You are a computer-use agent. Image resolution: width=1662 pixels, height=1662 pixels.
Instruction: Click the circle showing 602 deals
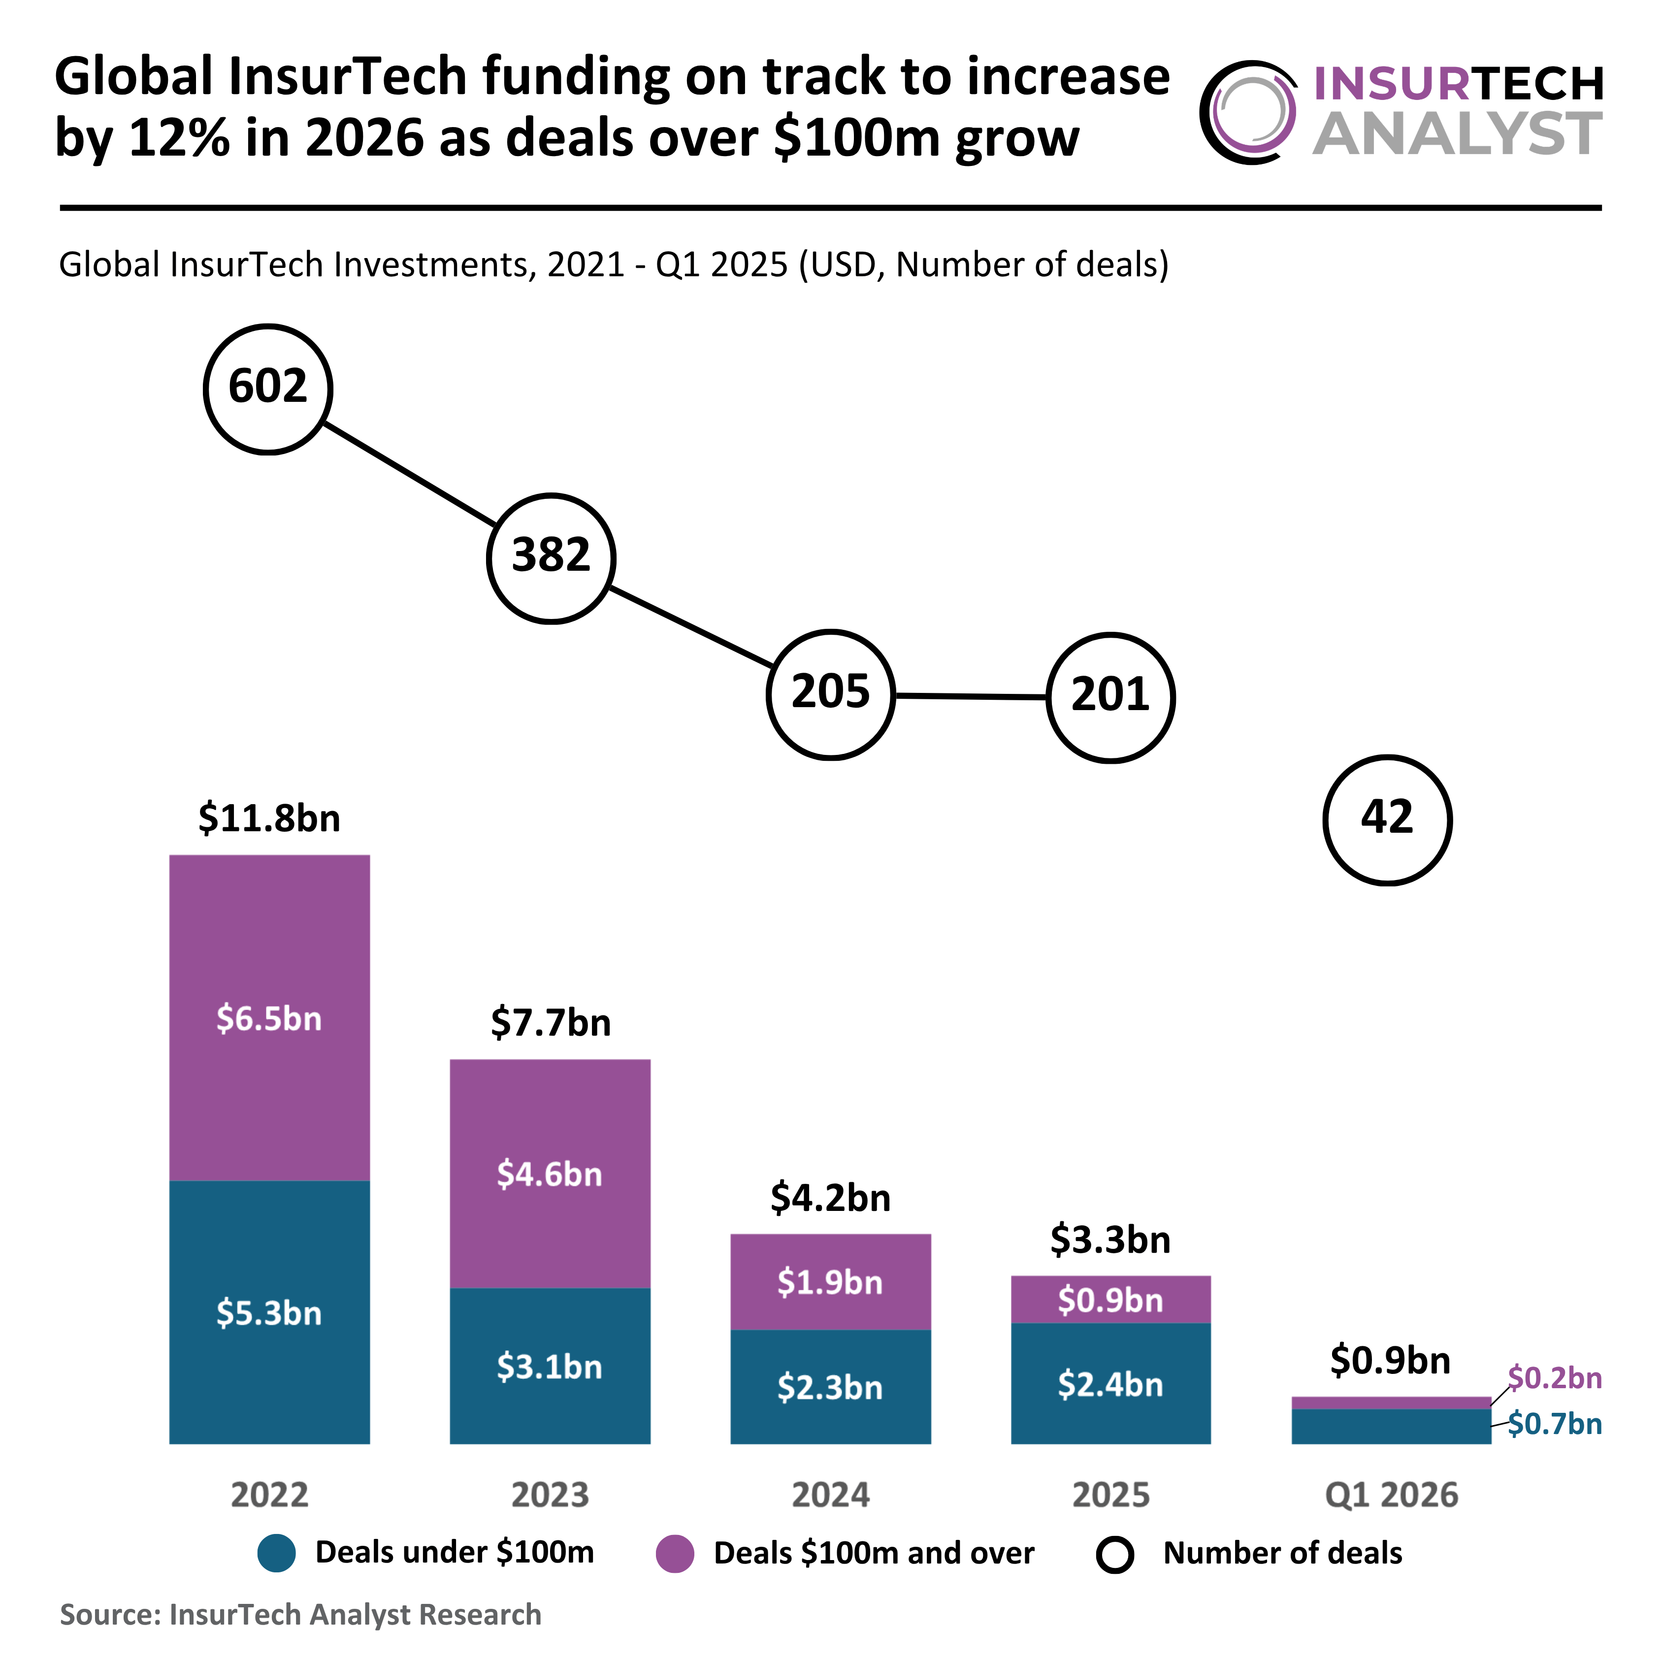(x=268, y=389)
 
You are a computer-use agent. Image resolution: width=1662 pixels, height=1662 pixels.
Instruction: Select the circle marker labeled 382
(x=552, y=558)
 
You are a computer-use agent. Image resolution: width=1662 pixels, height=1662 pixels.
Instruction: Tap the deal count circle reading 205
(x=831, y=695)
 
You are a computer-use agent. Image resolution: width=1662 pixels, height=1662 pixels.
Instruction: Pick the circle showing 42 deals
(x=1388, y=820)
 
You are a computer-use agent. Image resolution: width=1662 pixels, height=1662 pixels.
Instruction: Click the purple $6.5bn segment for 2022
(x=269, y=1018)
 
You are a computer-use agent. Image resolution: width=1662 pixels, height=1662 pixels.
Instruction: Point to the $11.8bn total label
(x=269, y=818)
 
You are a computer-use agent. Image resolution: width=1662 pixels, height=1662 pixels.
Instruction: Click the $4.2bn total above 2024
(x=830, y=1198)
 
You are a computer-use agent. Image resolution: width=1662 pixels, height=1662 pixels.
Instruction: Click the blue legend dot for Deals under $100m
(x=277, y=1553)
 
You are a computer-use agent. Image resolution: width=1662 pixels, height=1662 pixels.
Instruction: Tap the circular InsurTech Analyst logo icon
(x=1249, y=112)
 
